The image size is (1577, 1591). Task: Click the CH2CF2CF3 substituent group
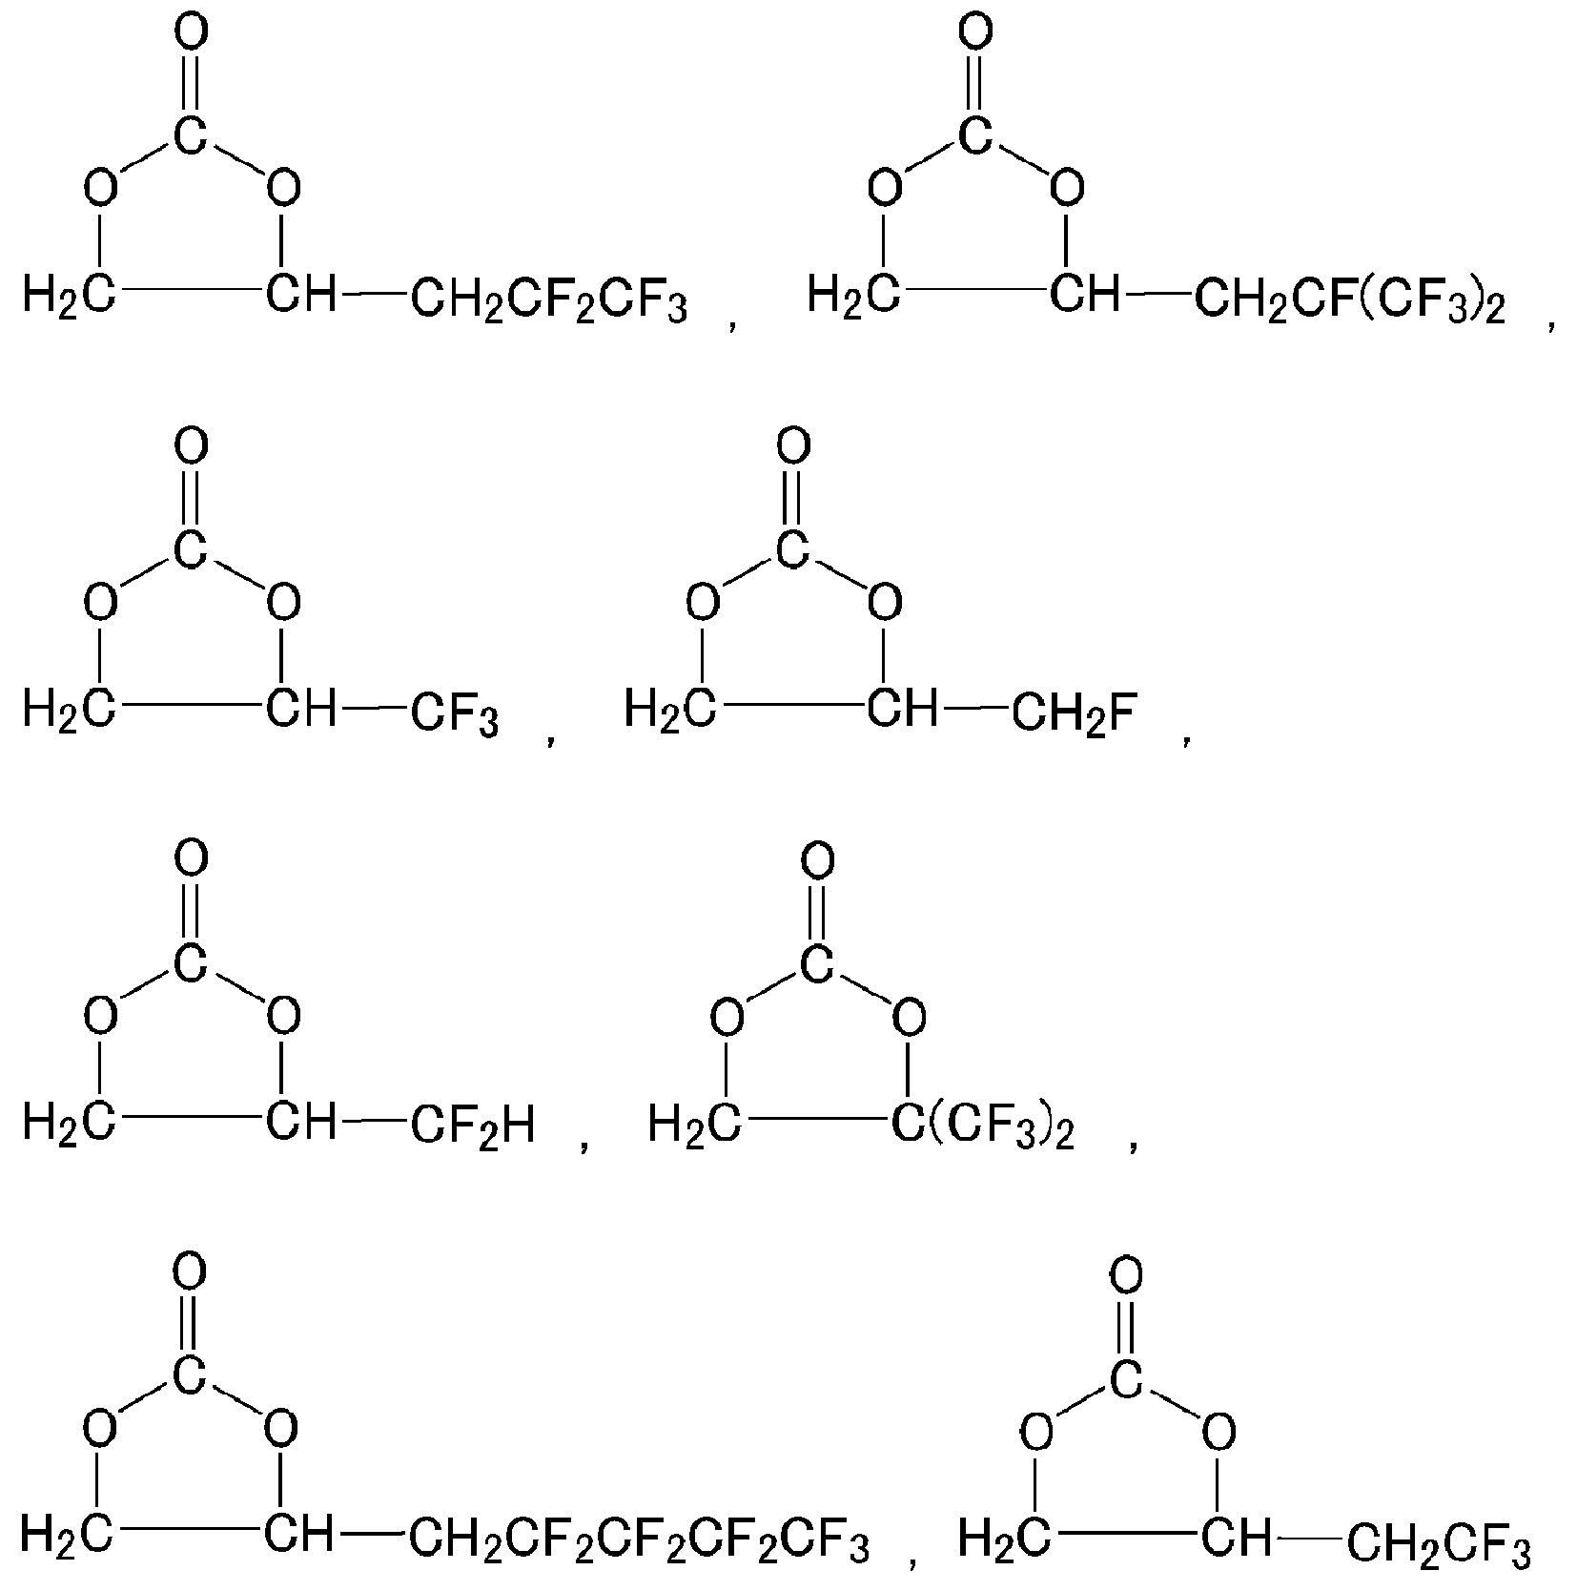click(x=549, y=302)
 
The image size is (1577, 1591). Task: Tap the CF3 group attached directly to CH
click(x=455, y=716)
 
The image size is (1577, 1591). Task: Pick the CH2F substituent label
click(x=1074, y=714)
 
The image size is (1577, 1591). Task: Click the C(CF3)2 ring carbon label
click(x=983, y=1128)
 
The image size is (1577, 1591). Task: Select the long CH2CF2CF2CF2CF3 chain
click(x=640, y=1542)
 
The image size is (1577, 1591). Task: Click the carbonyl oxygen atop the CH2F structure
click(x=793, y=446)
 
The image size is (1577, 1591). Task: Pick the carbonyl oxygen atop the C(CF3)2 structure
click(x=817, y=861)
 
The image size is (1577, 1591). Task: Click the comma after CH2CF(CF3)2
click(x=1552, y=323)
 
